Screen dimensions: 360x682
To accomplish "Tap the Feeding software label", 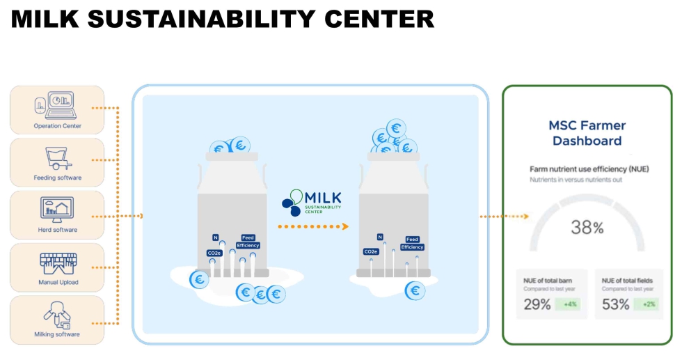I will click(57, 178).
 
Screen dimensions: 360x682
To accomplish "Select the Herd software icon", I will click(57, 208).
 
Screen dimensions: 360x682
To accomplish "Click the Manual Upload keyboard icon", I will click(58, 263).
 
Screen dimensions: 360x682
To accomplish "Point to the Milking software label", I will click(57, 334).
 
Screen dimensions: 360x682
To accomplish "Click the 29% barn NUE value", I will click(537, 304).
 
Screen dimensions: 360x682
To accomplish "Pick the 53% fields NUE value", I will click(616, 304).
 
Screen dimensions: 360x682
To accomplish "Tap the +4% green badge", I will click(569, 304).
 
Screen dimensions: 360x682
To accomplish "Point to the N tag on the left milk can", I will click(215, 237).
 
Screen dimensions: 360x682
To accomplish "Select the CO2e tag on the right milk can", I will click(370, 251).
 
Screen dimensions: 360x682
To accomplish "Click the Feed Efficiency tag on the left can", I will click(248, 242).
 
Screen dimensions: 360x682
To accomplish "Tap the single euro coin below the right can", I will click(415, 290).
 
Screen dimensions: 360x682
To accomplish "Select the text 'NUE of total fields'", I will click(624, 280).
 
